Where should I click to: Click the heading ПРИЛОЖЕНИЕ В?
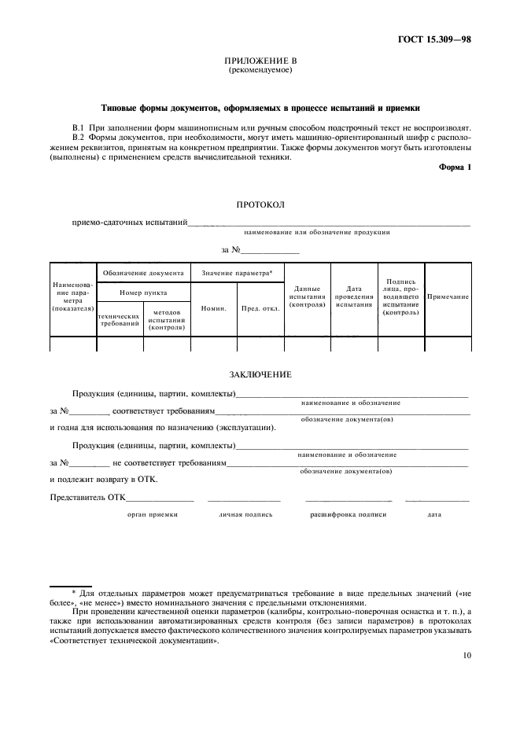click(260, 61)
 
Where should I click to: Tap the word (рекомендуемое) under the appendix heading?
click(260, 70)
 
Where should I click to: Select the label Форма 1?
click(454, 167)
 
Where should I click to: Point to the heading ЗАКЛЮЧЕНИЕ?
click(260, 374)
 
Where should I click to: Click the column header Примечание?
click(448, 297)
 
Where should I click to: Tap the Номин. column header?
click(214, 308)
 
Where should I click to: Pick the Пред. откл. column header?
click(260, 308)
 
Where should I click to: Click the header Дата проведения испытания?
click(353, 297)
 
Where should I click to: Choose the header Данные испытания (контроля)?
click(308, 297)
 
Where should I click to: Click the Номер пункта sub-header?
click(143, 292)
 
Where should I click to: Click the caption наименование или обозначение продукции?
click(317, 232)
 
